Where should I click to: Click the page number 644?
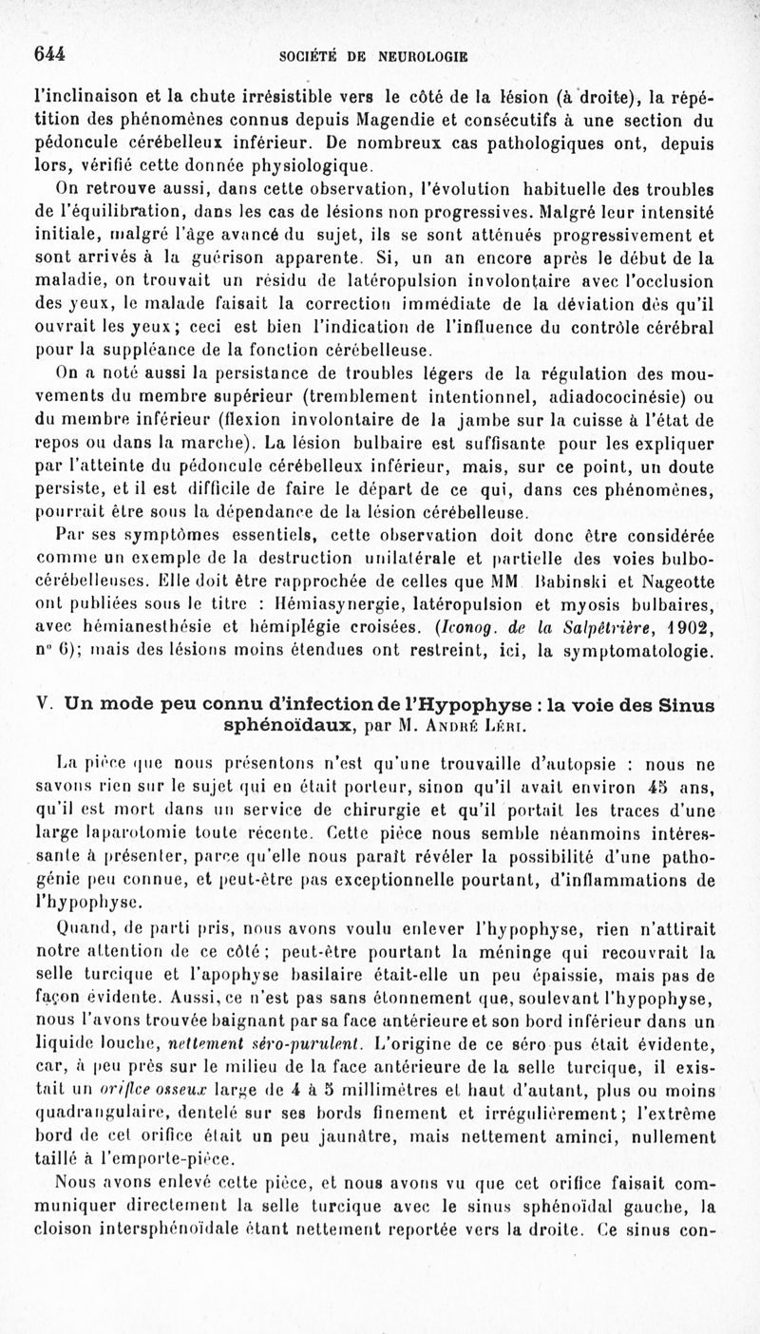(x=49, y=54)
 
